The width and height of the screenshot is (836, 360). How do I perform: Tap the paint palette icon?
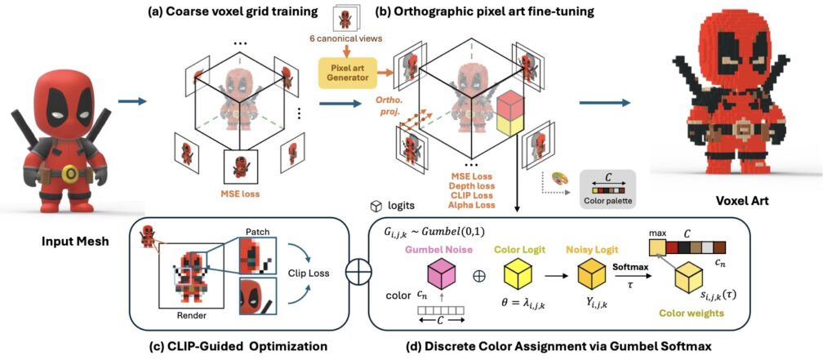click(558, 178)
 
